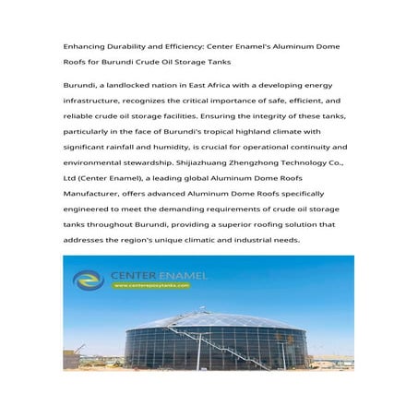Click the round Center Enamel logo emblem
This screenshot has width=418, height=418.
click(89, 279)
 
